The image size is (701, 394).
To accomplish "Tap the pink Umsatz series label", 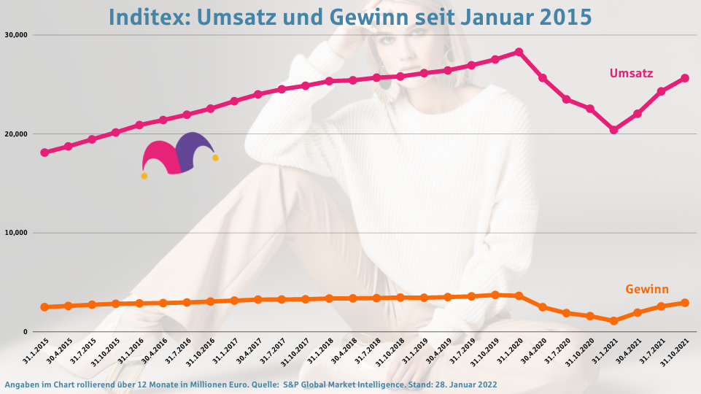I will [631, 73].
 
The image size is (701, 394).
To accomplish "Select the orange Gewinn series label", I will [647, 289].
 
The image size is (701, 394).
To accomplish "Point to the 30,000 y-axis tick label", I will [16, 35].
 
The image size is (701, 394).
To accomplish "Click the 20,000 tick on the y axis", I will [16, 134].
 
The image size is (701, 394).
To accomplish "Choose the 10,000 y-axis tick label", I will [16, 233].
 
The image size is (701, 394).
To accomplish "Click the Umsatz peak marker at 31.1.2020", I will [519, 52].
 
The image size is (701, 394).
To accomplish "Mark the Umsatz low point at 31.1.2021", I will [613, 130].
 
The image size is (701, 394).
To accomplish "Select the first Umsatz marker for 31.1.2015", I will [44, 152].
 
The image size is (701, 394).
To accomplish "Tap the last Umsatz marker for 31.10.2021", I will [685, 78].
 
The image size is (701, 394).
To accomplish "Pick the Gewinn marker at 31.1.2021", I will [613, 321].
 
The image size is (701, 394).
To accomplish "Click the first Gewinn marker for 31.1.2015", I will [44, 307].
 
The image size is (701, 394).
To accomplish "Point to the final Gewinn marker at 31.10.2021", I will [685, 303].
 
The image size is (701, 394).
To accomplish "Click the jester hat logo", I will [179, 154].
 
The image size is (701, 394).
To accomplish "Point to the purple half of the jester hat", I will [194, 150].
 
